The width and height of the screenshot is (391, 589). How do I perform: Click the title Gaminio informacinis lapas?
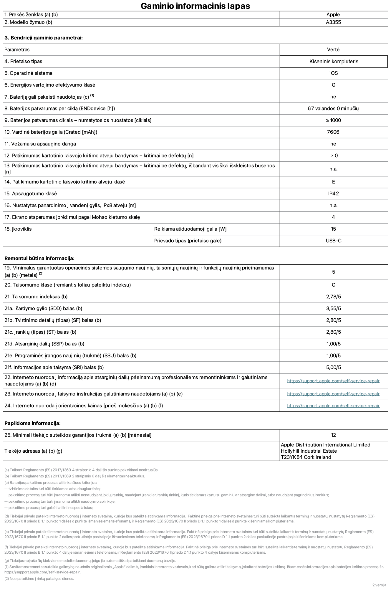click(195, 6)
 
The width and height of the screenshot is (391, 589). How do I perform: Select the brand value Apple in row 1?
click(333, 15)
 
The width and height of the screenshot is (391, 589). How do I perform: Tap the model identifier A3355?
click(333, 22)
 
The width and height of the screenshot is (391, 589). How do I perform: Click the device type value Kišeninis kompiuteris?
click(334, 62)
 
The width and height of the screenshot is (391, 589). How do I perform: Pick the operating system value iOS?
click(333, 73)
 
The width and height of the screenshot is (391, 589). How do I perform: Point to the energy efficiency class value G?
click(333, 85)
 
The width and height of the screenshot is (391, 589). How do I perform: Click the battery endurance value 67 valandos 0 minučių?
click(333, 109)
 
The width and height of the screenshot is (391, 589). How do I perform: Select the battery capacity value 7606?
click(333, 132)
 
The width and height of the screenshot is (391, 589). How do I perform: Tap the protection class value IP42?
click(333, 194)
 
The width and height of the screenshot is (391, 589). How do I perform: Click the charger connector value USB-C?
click(333, 241)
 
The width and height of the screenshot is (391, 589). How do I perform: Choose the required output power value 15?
click(333, 229)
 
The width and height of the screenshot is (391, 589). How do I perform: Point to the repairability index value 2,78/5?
click(333, 297)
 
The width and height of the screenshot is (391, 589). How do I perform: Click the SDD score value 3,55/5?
click(333, 309)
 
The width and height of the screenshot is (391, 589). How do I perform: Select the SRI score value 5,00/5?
click(333, 368)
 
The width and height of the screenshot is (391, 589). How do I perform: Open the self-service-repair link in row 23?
click(333, 394)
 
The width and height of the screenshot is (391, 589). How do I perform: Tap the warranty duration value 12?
click(333, 435)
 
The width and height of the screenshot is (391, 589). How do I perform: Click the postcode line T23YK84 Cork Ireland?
click(306, 457)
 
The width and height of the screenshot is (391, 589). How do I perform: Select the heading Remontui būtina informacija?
click(39, 259)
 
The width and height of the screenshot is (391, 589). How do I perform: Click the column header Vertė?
click(333, 50)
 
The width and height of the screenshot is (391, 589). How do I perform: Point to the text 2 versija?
click(379, 585)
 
